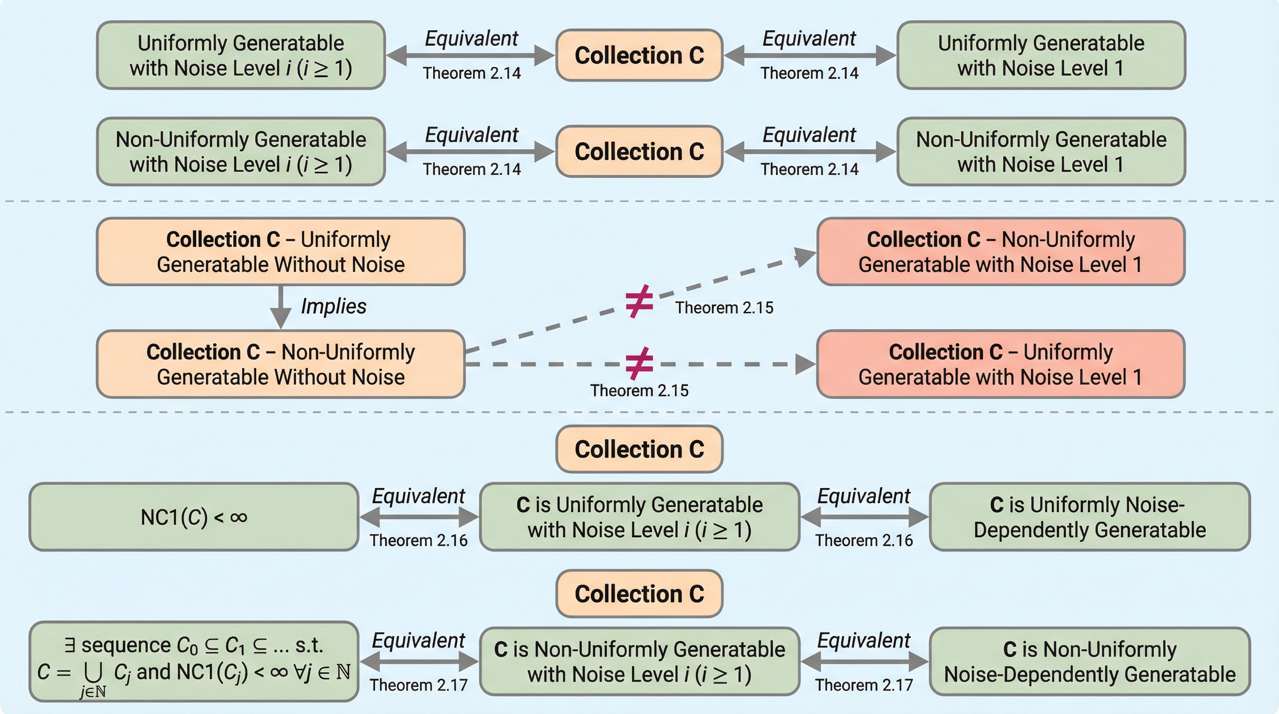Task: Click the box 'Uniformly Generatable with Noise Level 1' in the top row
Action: [1041, 55]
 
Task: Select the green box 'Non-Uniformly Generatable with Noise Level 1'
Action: [1041, 152]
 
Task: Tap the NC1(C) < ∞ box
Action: [194, 517]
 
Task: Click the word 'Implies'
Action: [334, 306]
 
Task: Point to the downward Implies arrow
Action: [281, 307]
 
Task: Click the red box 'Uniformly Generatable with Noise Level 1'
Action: [1001, 364]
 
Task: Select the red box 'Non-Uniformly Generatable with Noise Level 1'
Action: [1001, 252]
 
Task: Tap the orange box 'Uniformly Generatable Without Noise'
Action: [281, 252]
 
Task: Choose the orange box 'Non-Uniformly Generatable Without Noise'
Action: [281, 364]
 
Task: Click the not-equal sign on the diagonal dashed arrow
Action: [639, 301]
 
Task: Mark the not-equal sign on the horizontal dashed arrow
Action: [639, 363]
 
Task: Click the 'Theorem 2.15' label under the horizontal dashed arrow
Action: [639, 391]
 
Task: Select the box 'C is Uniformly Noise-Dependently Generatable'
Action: [1089, 517]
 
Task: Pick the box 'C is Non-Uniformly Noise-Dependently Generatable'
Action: [1089, 661]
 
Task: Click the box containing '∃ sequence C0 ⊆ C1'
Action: [194, 661]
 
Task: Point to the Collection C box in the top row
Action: [639, 55]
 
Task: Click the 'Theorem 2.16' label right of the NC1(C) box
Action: [418, 540]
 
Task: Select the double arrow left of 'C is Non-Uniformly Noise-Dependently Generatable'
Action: [864, 661]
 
